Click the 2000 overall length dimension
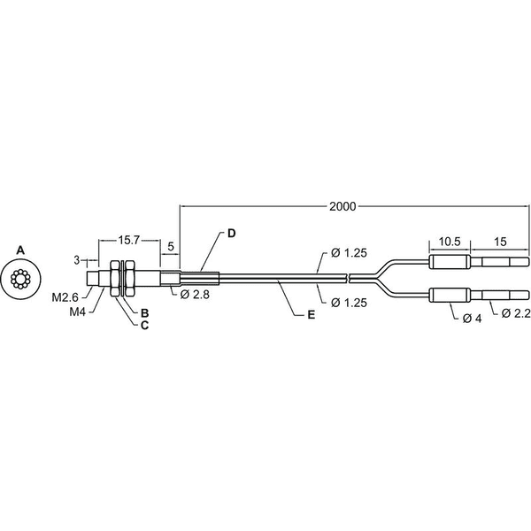coord(342,206)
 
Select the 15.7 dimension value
coord(128,240)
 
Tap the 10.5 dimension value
coord(450,242)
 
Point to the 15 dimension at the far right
coord(500,242)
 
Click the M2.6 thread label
coord(65,297)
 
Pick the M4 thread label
coord(78,312)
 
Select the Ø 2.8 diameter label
coord(195,295)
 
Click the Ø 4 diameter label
coord(472,319)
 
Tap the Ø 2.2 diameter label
coord(515,313)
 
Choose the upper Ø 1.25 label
coord(349,252)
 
